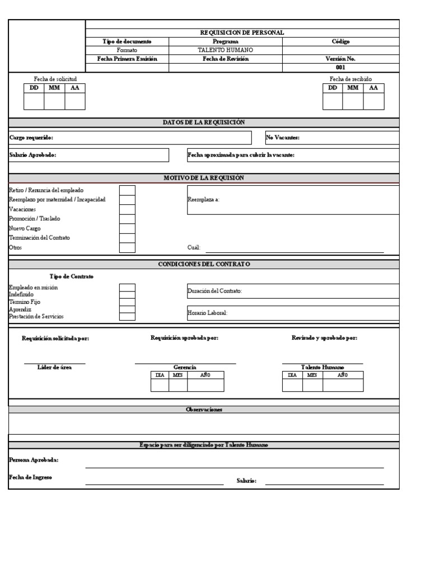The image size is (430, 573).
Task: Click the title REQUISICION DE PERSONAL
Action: pyautogui.click(x=242, y=32)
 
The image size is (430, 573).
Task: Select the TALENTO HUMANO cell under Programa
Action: pyautogui.click(x=225, y=50)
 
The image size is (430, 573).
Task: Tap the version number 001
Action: pyautogui.click(x=340, y=67)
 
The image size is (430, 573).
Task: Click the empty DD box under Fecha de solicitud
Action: pyautogui.click(x=34, y=101)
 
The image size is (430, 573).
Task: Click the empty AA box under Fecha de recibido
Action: pyautogui.click(x=373, y=101)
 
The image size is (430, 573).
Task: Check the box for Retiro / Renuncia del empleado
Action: pyautogui.click(x=127, y=190)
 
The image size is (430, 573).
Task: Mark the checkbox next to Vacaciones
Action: pyautogui.click(x=127, y=209)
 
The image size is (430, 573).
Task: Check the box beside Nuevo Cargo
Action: pyautogui.click(x=127, y=228)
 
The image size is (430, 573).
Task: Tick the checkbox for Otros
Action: pyautogui.click(x=127, y=247)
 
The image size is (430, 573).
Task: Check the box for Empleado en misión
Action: pyautogui.click(x=127, y=288)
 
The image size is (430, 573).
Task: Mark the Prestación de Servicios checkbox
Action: pyautogui.click(x=127, y=316)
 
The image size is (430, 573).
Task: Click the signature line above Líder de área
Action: pyautogui.click(x=54, y=363)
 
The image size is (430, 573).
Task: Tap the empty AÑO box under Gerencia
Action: pyautogui.click(x=205, y=385)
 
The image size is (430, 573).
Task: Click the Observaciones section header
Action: pyautogui.click(x=204, y=410)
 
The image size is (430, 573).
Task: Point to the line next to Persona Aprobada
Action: pyautogui.click(x=234, y=466)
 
